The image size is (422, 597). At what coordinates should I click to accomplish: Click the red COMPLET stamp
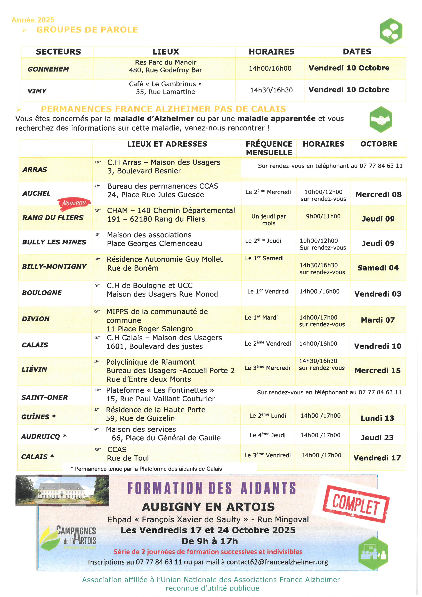point(356,504)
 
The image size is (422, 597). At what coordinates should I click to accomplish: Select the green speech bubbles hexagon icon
point(391,31)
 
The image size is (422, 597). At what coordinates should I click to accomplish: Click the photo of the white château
point(62,490)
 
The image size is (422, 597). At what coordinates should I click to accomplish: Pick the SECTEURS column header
point(59,52)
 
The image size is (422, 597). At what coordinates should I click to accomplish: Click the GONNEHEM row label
point(48,69)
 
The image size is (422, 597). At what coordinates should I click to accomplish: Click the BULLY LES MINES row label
point(54,242)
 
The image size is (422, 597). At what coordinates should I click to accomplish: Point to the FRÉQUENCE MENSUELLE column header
point(269,148)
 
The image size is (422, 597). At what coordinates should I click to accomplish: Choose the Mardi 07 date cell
point(378,320)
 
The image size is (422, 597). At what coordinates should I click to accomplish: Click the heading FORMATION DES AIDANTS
point(212,488)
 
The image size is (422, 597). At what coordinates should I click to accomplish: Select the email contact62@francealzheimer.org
point(277,562)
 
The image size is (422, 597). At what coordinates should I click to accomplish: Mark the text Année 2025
point(33,20)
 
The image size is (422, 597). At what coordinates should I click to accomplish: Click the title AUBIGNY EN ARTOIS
point(208,507)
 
